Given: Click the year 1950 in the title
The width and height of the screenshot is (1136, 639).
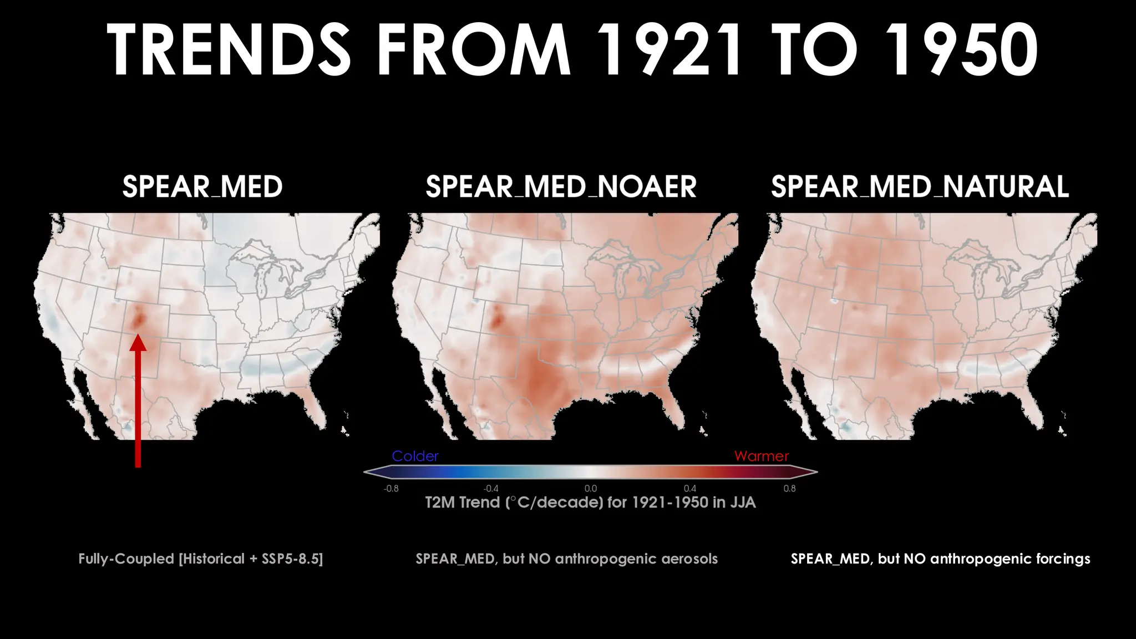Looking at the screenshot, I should [x=961, y=50].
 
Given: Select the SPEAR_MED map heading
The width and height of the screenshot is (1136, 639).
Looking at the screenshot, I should [x=202, y=187].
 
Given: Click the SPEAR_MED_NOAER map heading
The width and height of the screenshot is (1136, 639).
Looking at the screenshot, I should [x=561, y=187].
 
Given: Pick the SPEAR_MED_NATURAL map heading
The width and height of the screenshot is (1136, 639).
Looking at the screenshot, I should [x=920, y=187].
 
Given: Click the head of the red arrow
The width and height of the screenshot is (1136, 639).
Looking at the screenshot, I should [x=138, y=343].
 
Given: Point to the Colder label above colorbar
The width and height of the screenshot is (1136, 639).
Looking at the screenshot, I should [x=415, y=456].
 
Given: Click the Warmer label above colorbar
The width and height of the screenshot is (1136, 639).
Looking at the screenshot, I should [x=761, y=456].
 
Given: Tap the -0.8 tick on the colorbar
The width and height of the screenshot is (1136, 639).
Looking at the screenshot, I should [x=391, y=489].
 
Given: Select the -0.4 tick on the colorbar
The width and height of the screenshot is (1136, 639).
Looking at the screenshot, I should [x=491, y=489].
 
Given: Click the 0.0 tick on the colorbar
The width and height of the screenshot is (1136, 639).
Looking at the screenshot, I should [x=591, y=489].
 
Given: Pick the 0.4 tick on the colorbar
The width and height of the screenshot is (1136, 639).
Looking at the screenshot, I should [x=690, y=489].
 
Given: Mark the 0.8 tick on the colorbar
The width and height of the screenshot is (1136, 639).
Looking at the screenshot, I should [x=789, y=489].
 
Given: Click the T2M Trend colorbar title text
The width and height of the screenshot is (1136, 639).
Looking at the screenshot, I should [x=590, y=503].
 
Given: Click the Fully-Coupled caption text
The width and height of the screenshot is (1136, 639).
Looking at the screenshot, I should [x=200, y=559].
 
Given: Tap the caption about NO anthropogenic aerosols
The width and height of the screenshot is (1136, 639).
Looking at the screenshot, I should [x=566, y=559].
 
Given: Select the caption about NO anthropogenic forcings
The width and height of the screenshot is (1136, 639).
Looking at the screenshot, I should [x=940, y=559].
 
